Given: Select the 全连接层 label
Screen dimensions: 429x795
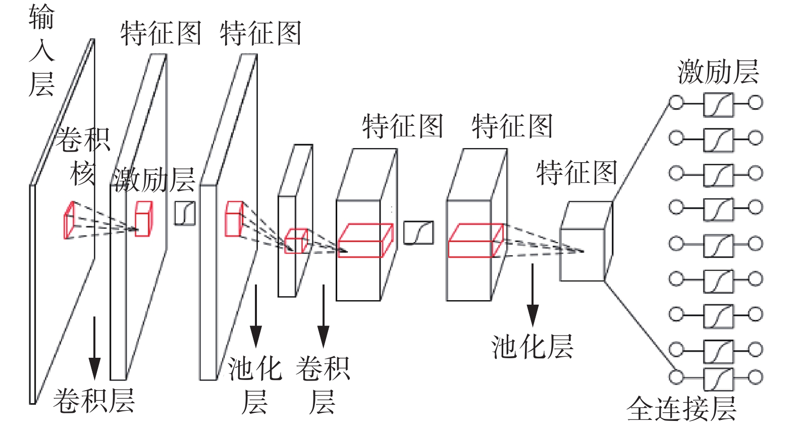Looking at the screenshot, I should coord(681,408).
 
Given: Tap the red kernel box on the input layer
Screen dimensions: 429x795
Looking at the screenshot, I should coord(69,219).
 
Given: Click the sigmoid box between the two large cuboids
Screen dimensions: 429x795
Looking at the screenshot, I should coord(418,233).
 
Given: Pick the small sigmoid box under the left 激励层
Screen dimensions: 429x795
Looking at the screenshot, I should coord(185,213).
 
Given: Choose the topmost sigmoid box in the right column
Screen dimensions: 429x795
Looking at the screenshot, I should coord(718,104).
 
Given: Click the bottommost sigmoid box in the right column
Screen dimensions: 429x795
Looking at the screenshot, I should coord(718,378).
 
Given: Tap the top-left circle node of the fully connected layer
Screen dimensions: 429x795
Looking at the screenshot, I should coord(676,103).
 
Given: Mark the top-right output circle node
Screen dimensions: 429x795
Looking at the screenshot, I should coord(755,103).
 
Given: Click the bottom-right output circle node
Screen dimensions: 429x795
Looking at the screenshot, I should coord(755,377).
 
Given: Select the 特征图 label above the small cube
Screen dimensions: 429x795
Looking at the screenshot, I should coord(576,173).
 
